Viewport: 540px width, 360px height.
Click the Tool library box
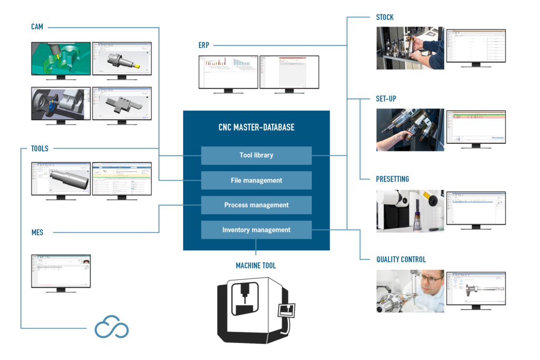(x=256, y=155)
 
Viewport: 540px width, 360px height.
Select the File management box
(x=256, y=180)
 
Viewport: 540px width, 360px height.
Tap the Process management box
(x=256, y=205)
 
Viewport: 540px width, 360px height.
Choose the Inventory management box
(x=256, y=230)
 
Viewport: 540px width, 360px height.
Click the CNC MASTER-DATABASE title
(x=256, y=127)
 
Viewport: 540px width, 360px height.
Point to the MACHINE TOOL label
(x=256, y=266)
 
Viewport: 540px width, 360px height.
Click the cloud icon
(x=111, y=328)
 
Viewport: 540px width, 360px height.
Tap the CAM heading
(x=37, y=27)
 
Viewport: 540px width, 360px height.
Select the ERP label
(x=204, y=45)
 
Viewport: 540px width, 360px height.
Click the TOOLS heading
(x=40, y=149)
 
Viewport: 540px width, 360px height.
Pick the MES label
(x=36, y=232)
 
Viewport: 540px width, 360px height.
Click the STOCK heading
(x=384, y=17)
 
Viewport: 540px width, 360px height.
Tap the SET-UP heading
(x=386, y=99)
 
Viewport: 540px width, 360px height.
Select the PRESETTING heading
(x=392, y=179)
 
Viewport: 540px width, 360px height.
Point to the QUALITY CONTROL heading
(x=401, y=259)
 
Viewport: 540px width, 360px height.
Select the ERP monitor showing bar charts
(x=228, y=72)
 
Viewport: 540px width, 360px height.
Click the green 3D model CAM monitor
(x=61, y=59)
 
